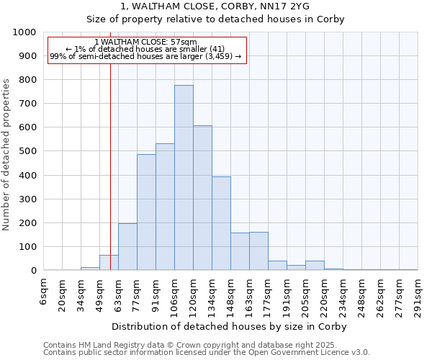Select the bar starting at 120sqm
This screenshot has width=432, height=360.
[x=202, y=198]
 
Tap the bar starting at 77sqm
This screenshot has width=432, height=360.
[x=146, y=212]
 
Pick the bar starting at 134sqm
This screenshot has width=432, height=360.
[x=221, y=223]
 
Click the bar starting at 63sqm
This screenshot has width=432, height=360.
[x=127, y=247]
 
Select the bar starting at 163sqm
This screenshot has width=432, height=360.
[x=258, y=251]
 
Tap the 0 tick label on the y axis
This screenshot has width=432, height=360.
[x=34, y=271]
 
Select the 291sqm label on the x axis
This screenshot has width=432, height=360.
[x=418, y=297]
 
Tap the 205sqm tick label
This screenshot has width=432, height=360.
[x=306, y=297]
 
